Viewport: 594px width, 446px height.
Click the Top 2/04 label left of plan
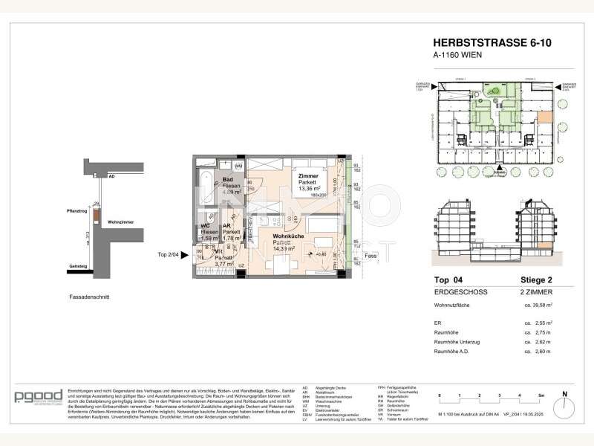[169, 256]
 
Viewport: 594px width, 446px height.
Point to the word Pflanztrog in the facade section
[76, 210]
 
